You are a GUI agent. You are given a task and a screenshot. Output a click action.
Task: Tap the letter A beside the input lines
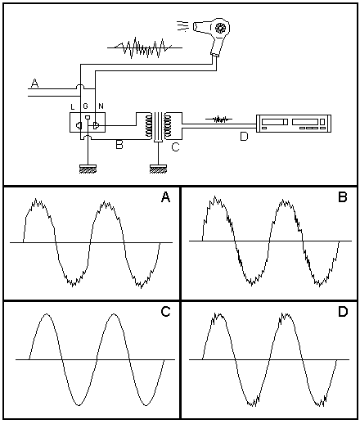click(x=34, y=83)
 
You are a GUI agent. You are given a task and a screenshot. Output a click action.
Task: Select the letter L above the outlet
click(x=73, y=107)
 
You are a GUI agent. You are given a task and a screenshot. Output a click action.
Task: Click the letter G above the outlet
click(x=85, y=106)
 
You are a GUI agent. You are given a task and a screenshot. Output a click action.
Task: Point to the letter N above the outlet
click(x=101, y=106)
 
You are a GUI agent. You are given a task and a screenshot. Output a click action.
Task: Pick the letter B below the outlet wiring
click(x=119, y=145)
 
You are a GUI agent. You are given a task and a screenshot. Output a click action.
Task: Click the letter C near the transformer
click(x=175, y=147)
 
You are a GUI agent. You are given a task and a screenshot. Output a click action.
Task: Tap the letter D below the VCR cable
click(x=244, y=137)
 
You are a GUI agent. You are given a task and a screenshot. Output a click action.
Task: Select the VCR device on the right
click(x=294, y=124)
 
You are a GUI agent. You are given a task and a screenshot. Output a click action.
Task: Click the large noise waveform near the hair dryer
click(x=145, y=47)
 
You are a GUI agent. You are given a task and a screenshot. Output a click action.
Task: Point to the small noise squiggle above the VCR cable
click(x=218, y=120)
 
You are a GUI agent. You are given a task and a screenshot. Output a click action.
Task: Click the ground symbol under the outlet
click(x=88, y=169)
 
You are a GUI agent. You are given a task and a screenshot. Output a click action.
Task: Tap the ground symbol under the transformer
click(x=158, y=169)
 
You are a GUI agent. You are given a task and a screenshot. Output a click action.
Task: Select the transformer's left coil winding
click(x=149, y=125)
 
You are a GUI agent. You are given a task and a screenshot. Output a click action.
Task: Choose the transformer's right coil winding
click(x=168, y=125)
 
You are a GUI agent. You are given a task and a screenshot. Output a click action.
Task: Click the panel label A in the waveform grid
click(x=165, y=197)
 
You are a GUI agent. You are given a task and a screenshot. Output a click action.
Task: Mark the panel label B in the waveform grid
click(x=343, y=197)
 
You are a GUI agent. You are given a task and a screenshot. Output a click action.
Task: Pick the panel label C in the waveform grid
click(x=165, y=311)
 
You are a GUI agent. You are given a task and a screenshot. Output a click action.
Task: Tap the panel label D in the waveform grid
click(x=343, y=311)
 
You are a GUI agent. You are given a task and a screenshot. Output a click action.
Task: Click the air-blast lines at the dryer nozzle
click(x=182, y=26)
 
